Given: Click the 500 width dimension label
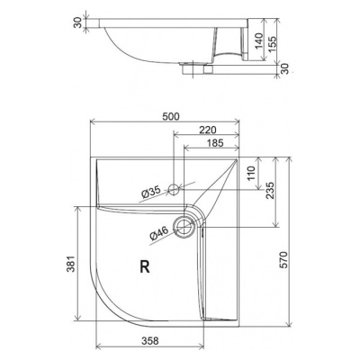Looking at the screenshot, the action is coord(171,116).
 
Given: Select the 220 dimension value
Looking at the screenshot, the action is coord(207,130).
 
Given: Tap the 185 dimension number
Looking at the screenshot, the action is coord(215,143).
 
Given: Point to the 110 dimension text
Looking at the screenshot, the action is coord(250,173).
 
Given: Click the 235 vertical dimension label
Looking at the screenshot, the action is coord(270,190).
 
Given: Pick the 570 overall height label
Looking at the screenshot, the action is coord(283,260).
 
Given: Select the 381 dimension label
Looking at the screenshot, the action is coord(71,264).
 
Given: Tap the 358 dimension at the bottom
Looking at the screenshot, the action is coord(149,341).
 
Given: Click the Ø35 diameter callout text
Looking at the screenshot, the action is coord(151,193).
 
